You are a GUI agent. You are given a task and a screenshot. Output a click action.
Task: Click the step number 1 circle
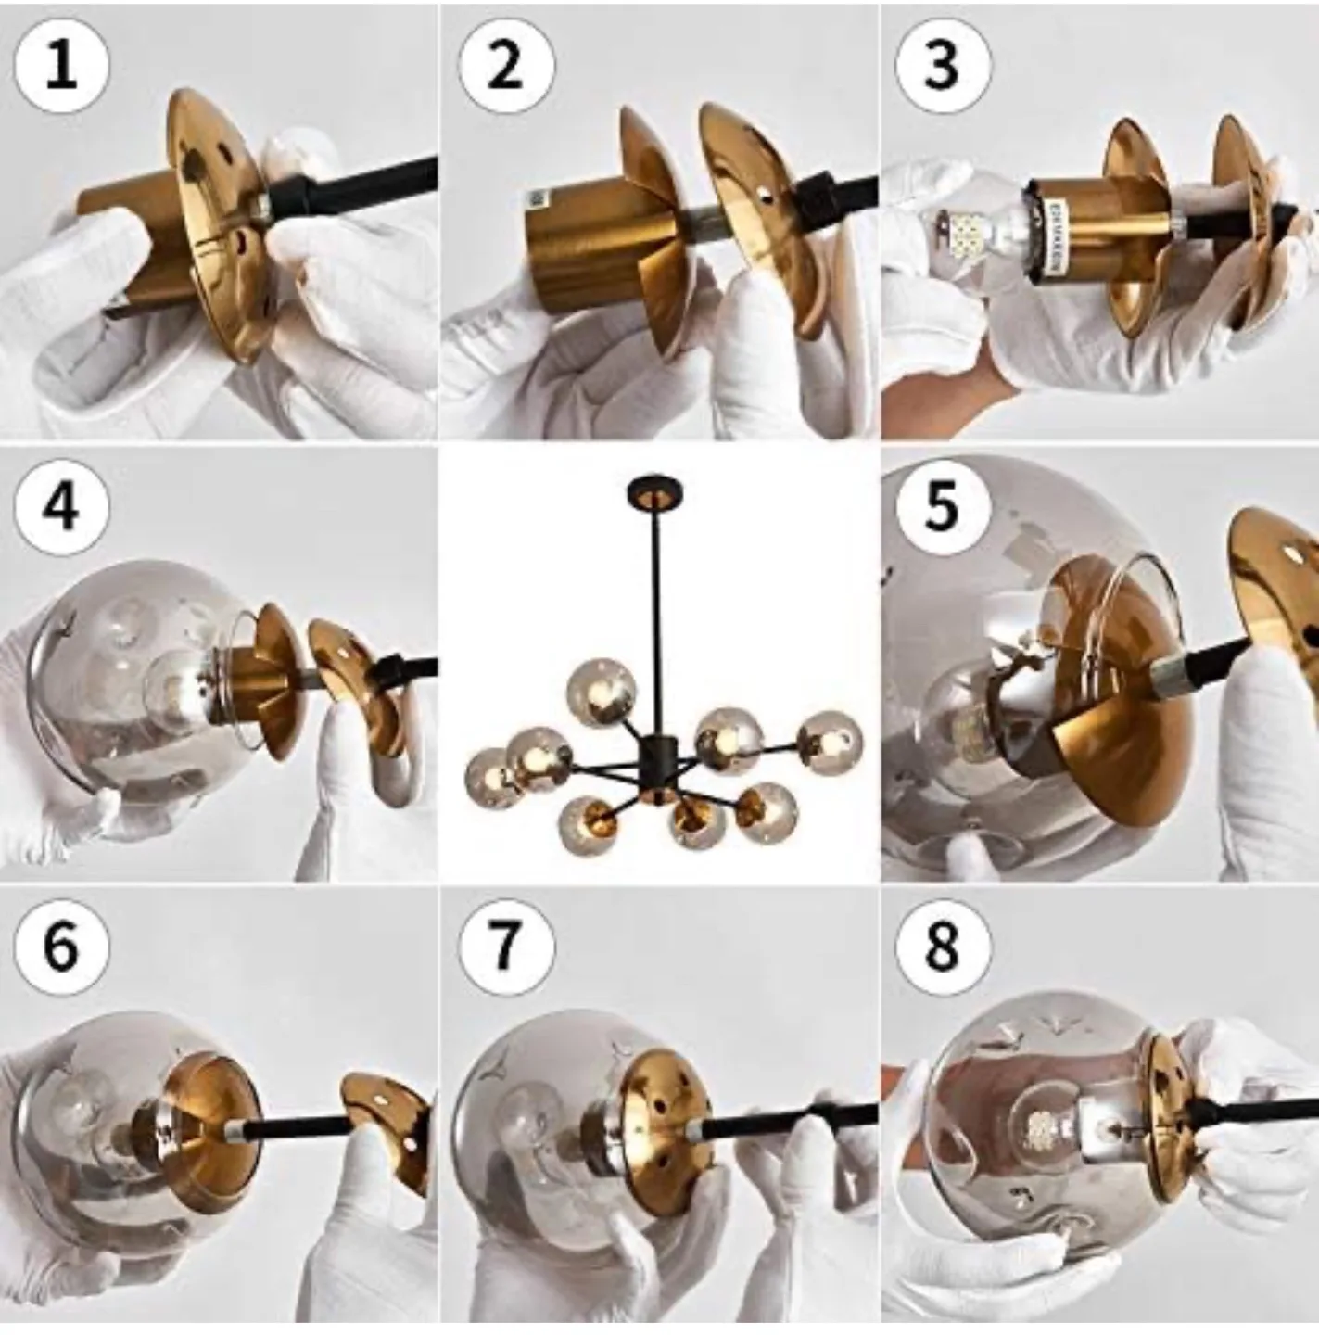tap(61, 67)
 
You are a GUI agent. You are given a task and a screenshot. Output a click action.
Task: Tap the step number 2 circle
tap(506, 67)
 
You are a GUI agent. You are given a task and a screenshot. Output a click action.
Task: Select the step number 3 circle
tap(943, 67)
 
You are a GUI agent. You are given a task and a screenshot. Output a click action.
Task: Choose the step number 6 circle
tap(61, 947)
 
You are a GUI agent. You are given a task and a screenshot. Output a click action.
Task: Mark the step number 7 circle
tap(506, 947)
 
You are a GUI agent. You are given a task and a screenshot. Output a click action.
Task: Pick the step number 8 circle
tap(943, 947)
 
